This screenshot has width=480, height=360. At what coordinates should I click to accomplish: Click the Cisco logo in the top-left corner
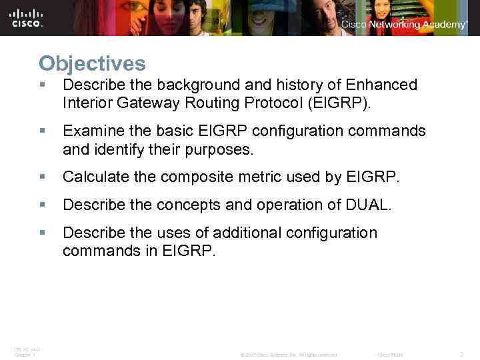tap(27, 17)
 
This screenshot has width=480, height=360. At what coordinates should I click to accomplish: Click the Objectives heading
tap(92, 64)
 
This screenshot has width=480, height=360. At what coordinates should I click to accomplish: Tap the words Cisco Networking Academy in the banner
tap(404, 24)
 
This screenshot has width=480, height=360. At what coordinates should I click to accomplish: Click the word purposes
tap(217, 149)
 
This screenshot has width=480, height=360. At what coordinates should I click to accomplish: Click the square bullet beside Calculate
tap(42, 177)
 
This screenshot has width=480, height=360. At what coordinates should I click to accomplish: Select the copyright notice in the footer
tap(289, 355)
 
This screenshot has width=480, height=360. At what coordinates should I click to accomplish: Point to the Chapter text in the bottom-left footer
tap(24, 355)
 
